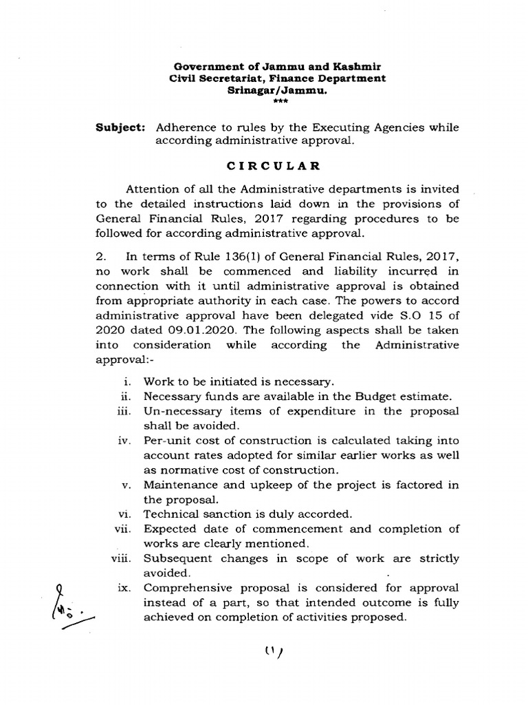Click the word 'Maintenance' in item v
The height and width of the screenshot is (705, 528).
click(177, 485)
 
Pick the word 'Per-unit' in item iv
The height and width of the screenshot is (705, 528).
click(165, 441)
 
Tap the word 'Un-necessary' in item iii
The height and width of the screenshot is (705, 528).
click(178, 411)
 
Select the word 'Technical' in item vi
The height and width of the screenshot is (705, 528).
click(169, 514)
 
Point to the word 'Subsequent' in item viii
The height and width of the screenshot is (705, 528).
click(175, 558)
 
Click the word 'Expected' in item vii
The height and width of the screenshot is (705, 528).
click(169, 529)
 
